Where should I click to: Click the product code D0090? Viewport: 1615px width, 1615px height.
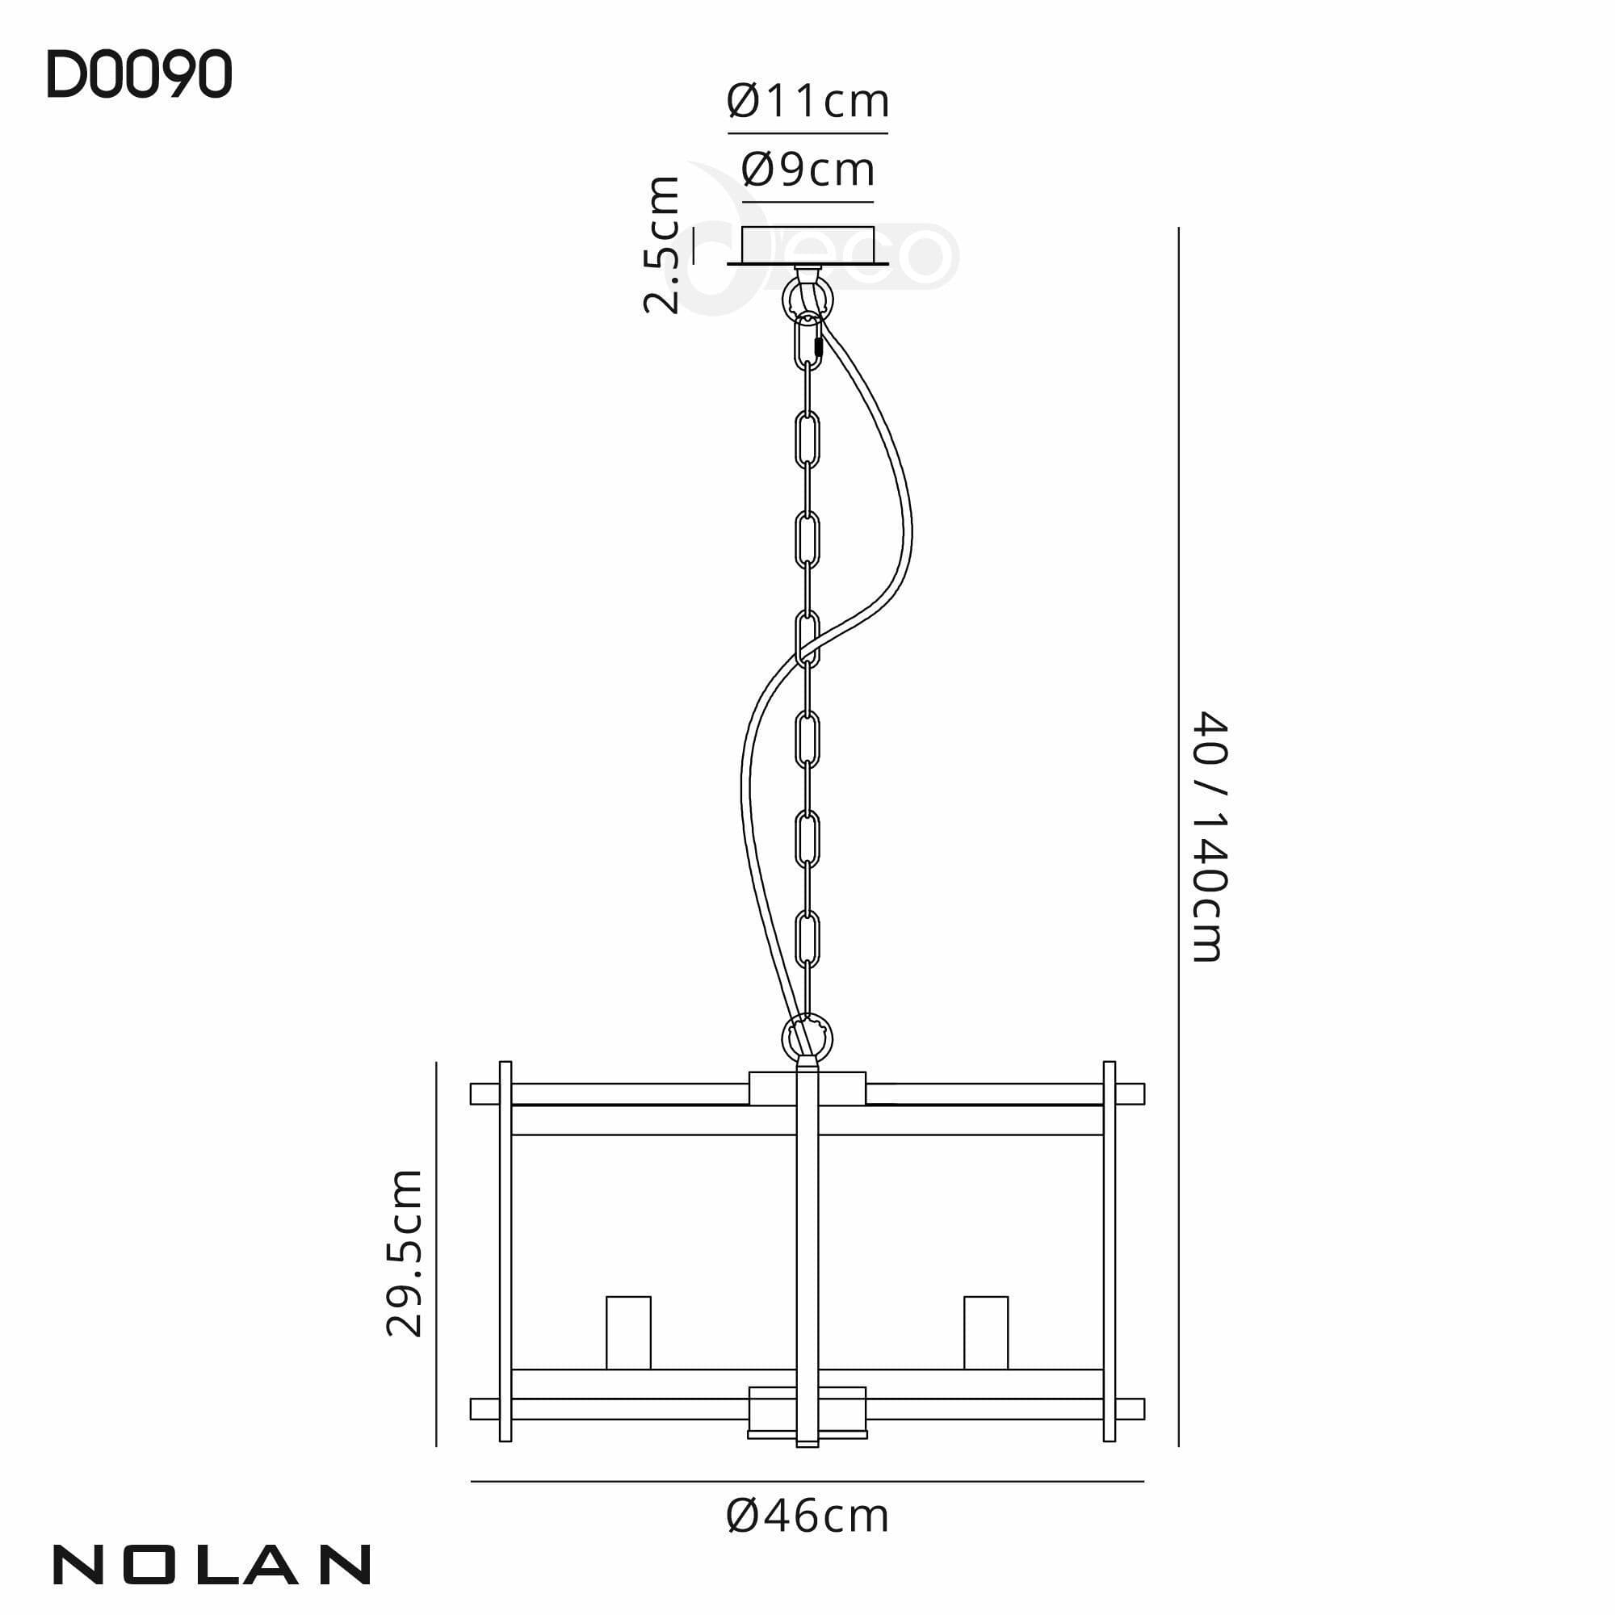139,76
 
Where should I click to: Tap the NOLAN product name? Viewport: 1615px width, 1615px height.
212,1564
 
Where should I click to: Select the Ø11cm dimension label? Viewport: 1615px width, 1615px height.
807,102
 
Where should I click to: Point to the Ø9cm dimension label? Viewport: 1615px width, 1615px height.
807,170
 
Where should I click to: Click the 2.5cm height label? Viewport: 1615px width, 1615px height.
661,244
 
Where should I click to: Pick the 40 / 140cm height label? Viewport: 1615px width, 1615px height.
1209,837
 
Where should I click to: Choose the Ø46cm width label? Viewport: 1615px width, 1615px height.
807,1516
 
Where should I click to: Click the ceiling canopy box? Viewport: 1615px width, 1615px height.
807,245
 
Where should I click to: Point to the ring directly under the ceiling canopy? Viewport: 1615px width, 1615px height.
807,296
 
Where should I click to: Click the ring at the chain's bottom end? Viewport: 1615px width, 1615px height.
807,1038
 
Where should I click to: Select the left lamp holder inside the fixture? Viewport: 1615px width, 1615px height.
627,1332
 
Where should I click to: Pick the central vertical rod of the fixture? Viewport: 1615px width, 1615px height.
807,1254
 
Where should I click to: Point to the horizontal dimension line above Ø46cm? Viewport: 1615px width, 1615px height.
807,1482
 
